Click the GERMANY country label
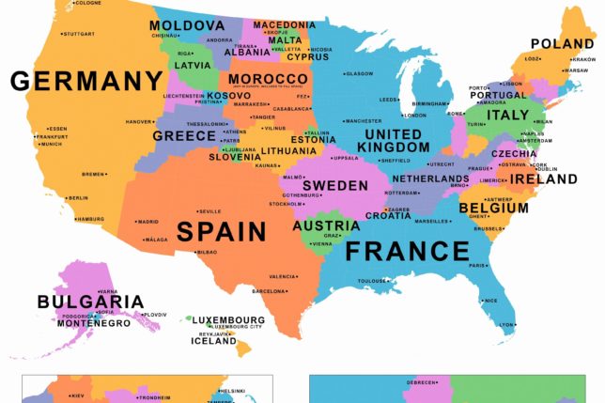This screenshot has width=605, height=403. (86, 81)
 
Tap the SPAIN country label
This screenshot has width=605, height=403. (222, 231)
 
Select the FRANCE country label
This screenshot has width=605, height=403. (407, 251)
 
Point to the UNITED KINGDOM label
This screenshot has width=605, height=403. (393, 141)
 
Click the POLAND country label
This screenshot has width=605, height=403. (562, 44)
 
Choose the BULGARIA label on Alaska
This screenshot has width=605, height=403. (90, 302)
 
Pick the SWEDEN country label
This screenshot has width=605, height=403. (334, 186)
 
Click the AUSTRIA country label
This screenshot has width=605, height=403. (326, 226)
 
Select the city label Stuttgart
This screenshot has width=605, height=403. (79, 34)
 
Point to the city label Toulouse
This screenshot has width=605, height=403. (373, 281)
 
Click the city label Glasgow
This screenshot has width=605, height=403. (358, 73)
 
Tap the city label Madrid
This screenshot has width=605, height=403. (147, 222)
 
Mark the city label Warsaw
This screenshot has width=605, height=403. (576, 70)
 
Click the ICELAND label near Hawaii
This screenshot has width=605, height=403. (214, 342)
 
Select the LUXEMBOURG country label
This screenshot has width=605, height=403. (229, 320)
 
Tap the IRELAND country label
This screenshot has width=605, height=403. (544, 178)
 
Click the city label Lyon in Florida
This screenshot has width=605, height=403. (506, 325)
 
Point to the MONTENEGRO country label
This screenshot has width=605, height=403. (84, 323)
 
